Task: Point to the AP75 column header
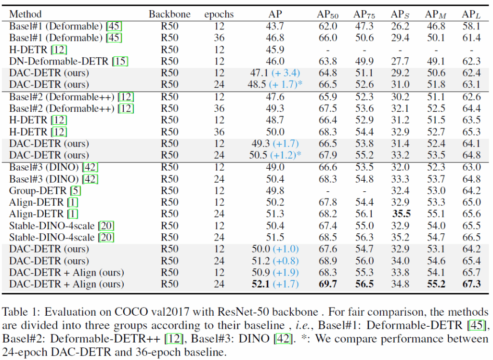pos(365,13)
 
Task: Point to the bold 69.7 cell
pos(328,284)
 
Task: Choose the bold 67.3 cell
pos(471,284)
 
